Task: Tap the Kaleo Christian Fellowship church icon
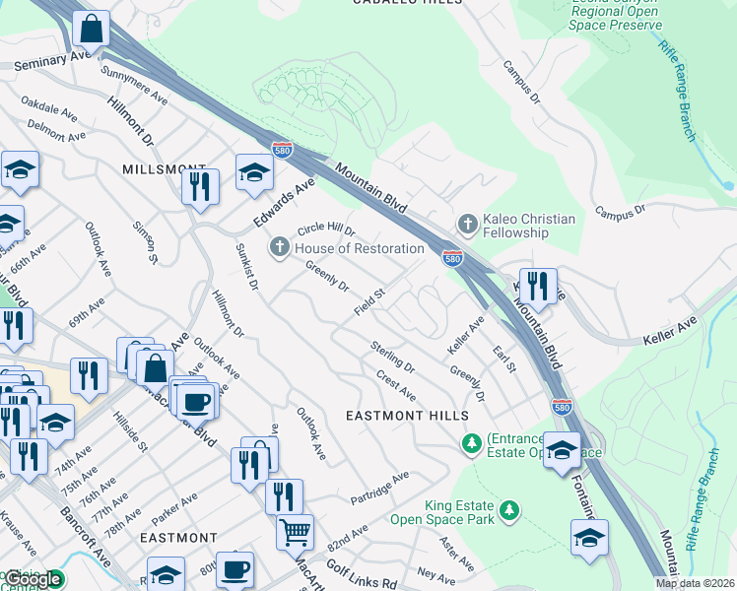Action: [x=466, y=224]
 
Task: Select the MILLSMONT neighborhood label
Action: [x=164, y=169]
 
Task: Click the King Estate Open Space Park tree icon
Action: [x=508, y=510]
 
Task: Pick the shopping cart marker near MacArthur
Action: [x=295, y=532]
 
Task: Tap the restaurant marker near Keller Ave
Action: [x=537, y=286]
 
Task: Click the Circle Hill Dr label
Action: [x=325, y=230]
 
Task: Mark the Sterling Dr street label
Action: [x=392, y=356]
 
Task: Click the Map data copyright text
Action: [x=696, y=583]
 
